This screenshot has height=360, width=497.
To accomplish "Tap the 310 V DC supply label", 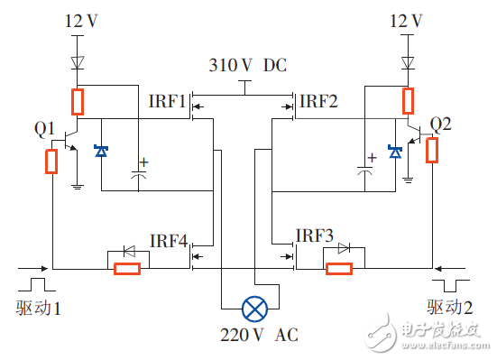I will tap(245, 67).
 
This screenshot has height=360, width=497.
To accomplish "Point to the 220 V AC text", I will tap(259, 336).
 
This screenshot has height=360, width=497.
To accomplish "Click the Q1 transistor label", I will tap(45, 129).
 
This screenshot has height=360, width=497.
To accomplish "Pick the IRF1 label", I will tap(169, 100).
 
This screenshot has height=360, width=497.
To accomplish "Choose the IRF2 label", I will tap(318, 100).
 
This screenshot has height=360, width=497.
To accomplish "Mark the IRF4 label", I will tap(169, 241).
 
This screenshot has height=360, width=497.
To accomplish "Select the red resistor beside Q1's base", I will tap(51, 162).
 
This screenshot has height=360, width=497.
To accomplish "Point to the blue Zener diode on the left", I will tap(102, 152).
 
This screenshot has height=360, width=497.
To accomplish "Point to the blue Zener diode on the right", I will tap(394, 152).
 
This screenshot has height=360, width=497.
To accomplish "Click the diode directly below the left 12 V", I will tap(79, 64).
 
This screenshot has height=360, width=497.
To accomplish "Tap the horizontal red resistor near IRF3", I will tap(339, 268).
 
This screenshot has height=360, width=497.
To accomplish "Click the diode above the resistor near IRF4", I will tap(126, 251).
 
